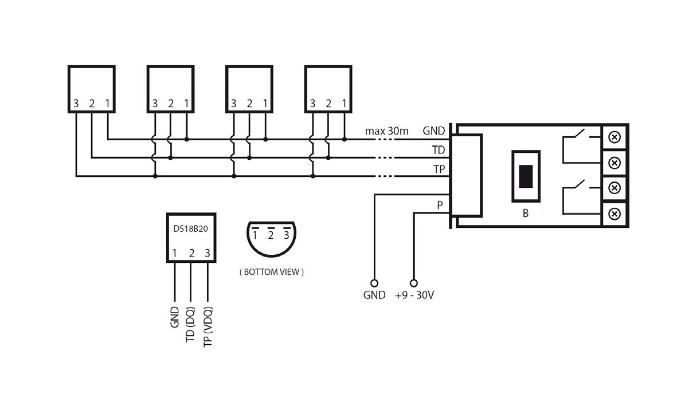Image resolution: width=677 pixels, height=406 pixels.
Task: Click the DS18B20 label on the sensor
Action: click(190, 228)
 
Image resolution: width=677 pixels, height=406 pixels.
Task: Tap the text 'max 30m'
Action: click(386, 131)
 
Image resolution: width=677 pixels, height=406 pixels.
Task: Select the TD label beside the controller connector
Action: click(438, 150)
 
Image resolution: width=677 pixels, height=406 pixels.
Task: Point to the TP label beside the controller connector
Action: click(439, 169)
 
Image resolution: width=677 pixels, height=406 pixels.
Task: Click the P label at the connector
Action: click(440, 206)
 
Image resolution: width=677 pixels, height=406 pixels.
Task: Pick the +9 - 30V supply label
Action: click(414, 295)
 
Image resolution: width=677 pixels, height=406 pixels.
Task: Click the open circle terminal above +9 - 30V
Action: click(414, 283)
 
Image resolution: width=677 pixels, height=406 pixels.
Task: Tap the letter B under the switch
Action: click(526, 213)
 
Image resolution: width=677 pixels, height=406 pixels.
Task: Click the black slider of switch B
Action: click(526, 176)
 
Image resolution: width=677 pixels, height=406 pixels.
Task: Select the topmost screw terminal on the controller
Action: click(615, 137)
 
